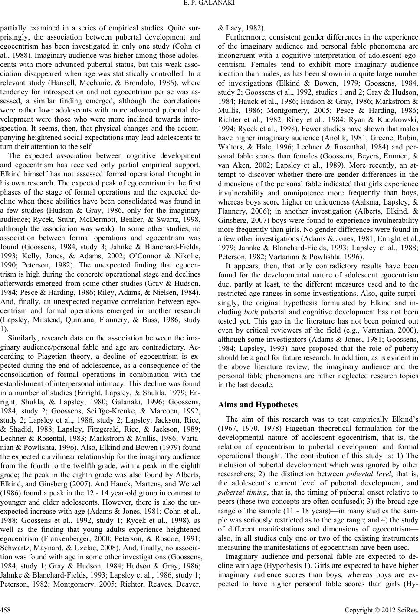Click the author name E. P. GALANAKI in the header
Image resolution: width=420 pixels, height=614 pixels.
210,6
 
